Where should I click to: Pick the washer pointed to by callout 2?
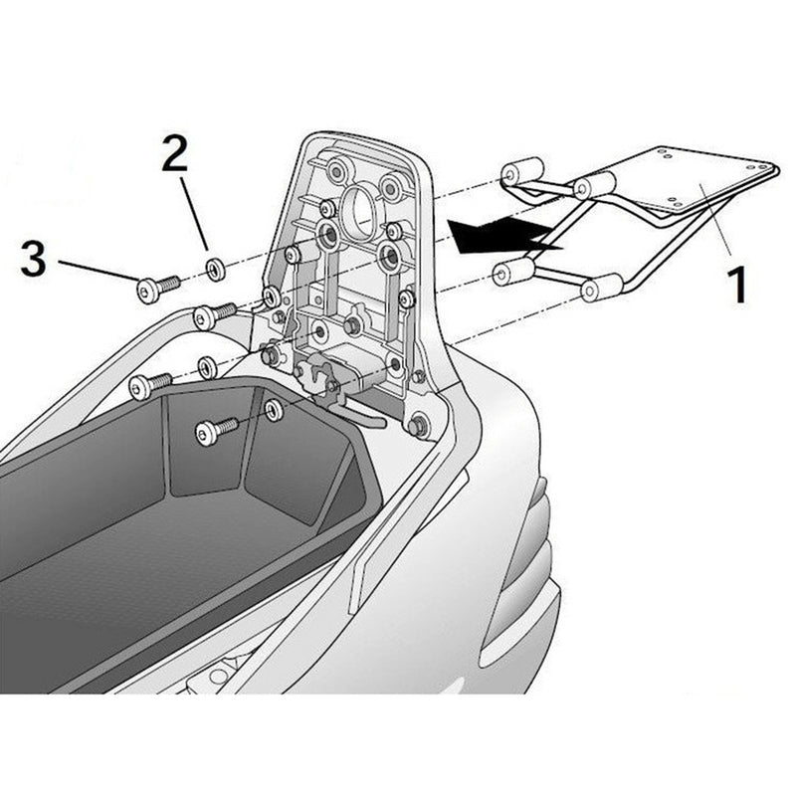[x=212, y=268]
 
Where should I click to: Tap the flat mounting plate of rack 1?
[x=696, y=179]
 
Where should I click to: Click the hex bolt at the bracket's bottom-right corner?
[x=418, y=426]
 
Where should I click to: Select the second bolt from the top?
[x=212, y=316]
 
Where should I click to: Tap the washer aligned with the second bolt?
[x=270, y=298]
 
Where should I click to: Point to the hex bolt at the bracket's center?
[x=351, y=325]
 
